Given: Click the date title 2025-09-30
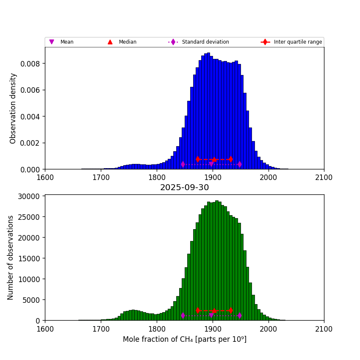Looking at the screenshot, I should (184, 188).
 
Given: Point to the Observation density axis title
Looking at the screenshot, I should (13, 108).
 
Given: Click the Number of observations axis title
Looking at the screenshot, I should (11, 258).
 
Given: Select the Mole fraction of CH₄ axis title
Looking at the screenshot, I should (184, 339).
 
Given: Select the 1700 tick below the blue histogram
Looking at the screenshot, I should (101, 177).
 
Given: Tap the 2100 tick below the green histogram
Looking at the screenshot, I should (324, 328).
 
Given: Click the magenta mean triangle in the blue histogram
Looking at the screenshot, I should (211, 164).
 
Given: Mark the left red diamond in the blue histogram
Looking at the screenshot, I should (198, 159).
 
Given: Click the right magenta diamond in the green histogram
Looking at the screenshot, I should (240, 315).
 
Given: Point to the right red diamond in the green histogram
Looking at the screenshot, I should (230, 310).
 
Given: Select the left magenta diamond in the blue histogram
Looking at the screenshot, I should (183, 164).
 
